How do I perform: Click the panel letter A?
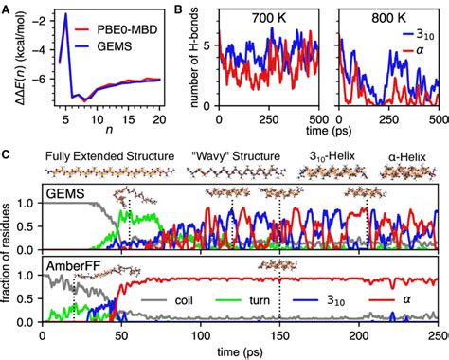pos(8,8)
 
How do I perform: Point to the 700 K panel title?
pos(275,17)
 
